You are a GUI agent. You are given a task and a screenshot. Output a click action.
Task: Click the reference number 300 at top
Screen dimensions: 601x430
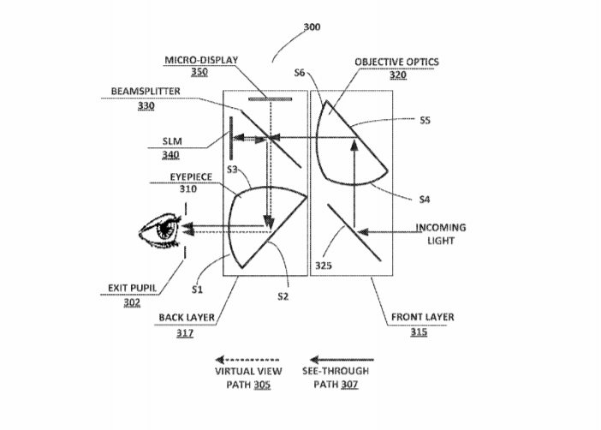pyautogui.click(x=312, y=27)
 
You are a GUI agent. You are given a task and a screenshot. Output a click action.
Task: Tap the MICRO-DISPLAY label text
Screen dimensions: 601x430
pyautogui.click(x=201, y=60)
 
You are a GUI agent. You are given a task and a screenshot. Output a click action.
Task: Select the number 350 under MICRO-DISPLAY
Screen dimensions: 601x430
pyautogui.click(x=199, y=72)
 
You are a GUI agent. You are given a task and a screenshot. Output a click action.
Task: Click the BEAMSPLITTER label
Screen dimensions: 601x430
pyautogui.click(x=146, y=92)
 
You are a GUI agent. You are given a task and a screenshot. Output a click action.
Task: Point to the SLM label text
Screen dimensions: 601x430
pyautogui.click(x=172, y=141)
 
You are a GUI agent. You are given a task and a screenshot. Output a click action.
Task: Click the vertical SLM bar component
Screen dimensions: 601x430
pyautogui.click(x=231, y=138)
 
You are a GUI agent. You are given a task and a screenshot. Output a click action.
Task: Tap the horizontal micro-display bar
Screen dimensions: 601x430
pyautogui.click(x=270, y=99)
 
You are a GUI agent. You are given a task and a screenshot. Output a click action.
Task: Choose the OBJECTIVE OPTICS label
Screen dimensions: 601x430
pyautogui.click(x=396, y=63)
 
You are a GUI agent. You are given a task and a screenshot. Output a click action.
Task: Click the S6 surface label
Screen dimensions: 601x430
pyautogui.click(x=300, y=73)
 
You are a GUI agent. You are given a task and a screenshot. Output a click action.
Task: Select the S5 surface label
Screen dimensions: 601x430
pyautogui.click(x=425, y=121)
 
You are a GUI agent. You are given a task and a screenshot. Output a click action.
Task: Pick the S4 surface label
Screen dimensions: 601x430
pyautogui.click(x=425, y=200)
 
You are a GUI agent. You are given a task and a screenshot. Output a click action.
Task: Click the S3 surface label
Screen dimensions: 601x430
pyautogui.click(x=232, y=169)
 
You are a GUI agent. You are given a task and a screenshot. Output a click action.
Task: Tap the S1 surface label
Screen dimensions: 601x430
pyautogui.click(x=197, y=290)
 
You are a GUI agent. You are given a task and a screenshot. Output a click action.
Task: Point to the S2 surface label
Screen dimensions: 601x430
pyautogui.click(x=283, y=296)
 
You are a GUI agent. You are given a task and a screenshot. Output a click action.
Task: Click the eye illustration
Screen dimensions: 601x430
pyautogui.click(x=159, y=230)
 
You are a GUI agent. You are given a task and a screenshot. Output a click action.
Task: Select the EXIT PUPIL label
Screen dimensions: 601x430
pyautogui.click(x=132, y=288)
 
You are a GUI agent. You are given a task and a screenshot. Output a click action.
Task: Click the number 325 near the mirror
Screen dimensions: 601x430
pyautogui.click(x=323, y=266)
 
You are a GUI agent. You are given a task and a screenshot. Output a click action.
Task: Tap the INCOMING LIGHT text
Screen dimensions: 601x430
pyautogui.click(x=441, y=234)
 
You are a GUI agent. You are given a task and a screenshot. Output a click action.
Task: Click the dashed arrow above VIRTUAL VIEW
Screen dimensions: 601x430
pyautogui.click(x=247, y=360)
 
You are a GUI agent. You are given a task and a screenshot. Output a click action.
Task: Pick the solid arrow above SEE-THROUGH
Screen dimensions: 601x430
pyautogui.click(x=342, y=360)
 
